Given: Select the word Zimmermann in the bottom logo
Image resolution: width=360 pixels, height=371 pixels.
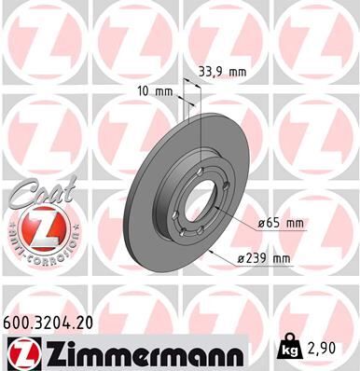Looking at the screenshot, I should (139, 353).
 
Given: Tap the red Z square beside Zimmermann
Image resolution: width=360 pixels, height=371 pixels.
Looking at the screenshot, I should (21, 353).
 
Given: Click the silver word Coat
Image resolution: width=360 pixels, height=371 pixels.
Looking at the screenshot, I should (35, 195).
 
